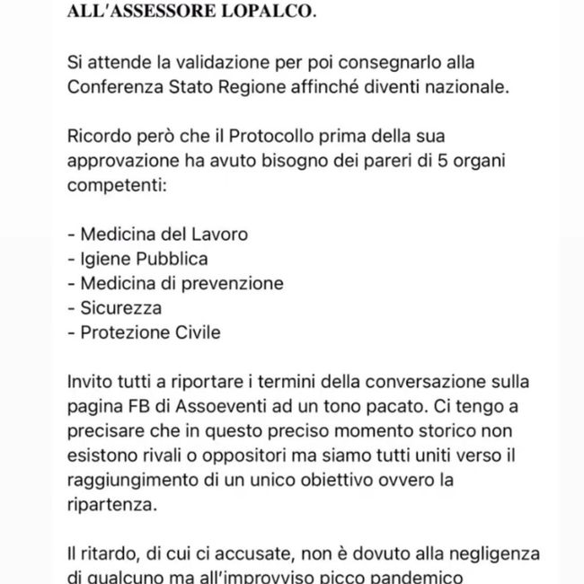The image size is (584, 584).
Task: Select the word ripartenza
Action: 110,504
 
